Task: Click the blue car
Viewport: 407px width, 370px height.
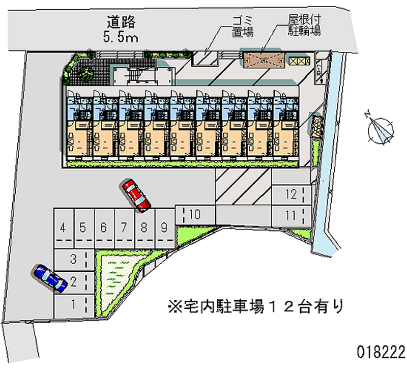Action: pyautogui.click(x=49, y=278)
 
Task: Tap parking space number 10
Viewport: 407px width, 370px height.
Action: pyautogui.click(x=195, y=214)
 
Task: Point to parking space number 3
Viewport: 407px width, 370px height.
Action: pyautogui.click(x=73, y=259)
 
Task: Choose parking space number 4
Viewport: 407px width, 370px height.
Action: pyautogui.click(x=63, y=227)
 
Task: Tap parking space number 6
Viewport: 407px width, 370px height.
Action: pyautogui.click(x=103, y=227)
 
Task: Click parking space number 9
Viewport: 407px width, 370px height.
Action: pyautogui.click(x=164, y=227)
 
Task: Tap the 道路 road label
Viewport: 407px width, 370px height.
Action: pyautogui.click(x=122, y=22)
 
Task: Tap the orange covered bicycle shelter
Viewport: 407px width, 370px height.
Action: pyautogui.click(x=263, y=59)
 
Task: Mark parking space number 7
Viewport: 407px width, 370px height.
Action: pyautogui.click(x=124, y=227)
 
